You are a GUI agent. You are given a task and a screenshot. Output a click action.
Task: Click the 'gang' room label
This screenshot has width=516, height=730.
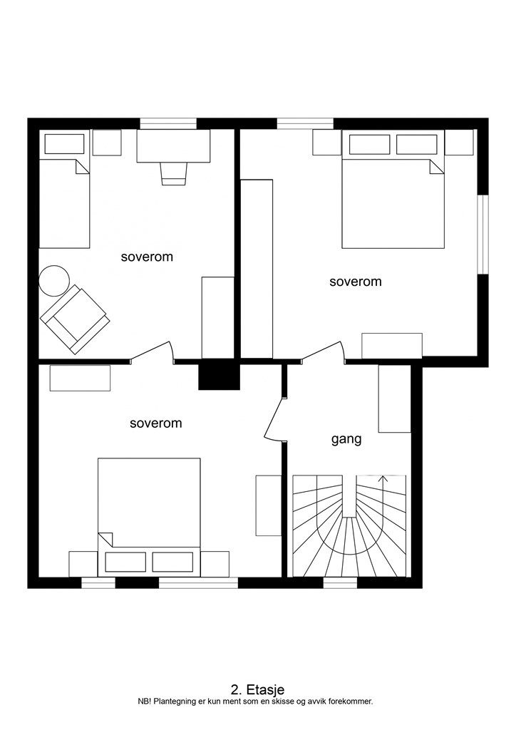346,439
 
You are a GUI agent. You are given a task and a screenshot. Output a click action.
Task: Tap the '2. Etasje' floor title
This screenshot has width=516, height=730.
257,689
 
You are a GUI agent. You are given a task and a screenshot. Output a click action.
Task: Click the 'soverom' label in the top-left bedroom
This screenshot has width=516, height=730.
147,257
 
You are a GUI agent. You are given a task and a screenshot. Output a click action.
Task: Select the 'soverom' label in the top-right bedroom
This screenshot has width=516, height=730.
356,281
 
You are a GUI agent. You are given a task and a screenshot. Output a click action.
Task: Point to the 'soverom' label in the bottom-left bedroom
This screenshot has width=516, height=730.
156,423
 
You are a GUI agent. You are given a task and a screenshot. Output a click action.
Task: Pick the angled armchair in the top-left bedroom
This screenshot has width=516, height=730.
75,319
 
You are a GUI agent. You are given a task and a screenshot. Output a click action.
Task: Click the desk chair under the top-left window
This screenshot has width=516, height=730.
174,173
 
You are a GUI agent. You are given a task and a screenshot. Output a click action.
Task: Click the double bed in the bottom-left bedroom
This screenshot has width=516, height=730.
149,518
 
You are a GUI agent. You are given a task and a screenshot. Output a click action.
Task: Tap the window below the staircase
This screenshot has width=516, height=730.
340,583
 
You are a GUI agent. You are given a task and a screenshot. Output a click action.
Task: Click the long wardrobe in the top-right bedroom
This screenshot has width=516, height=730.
257,269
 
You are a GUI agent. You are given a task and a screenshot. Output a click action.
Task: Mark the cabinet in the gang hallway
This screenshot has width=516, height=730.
395,399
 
